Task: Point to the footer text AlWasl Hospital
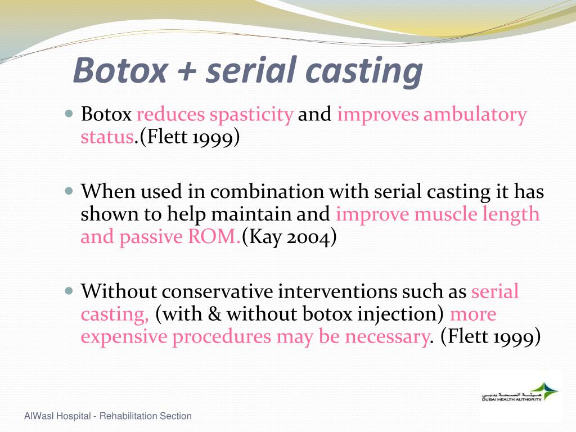pyautogui.click(x=58, y=416)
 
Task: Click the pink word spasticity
pyautogui.click(x=251, y=115)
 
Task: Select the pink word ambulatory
pyautogui.click(x=475, y=115)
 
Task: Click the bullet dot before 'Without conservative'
pyautogui.click(x=69, y=291)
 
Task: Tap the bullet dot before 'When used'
pyautogui.click(x=69, y=191)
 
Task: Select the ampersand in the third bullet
pyautogui.click(x=215, y=314)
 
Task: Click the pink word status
pyautogui.click(x=106, y=137)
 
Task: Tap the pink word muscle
pyautogui.click(x=448, y=214)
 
